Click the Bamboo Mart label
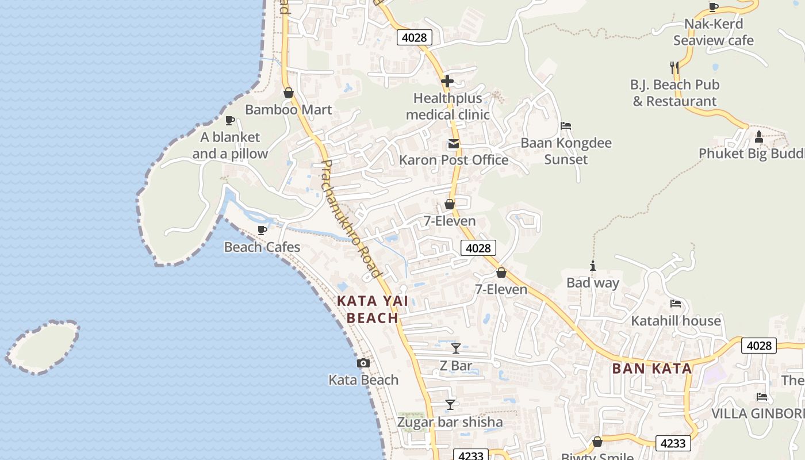(288, 109)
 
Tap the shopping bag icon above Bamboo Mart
(289, 93)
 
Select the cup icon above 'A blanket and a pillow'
(230, 120)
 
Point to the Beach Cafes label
(262, 247)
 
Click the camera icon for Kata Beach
(363, 363)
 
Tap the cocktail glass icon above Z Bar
(456, 348)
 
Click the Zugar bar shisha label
(450, 422)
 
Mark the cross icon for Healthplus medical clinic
(447, 81)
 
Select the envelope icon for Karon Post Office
(454, 144)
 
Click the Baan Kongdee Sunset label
(566, 151)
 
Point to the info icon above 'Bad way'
(593, 266)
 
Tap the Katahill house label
(676, 321)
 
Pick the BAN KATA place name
(652, 369)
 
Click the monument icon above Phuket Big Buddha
(758, 137)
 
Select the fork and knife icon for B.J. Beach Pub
(674, 67)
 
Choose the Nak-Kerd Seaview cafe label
(713, 32)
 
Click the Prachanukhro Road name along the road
(350, 218)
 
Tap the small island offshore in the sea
(43, 347)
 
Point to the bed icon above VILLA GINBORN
(762, 396)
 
